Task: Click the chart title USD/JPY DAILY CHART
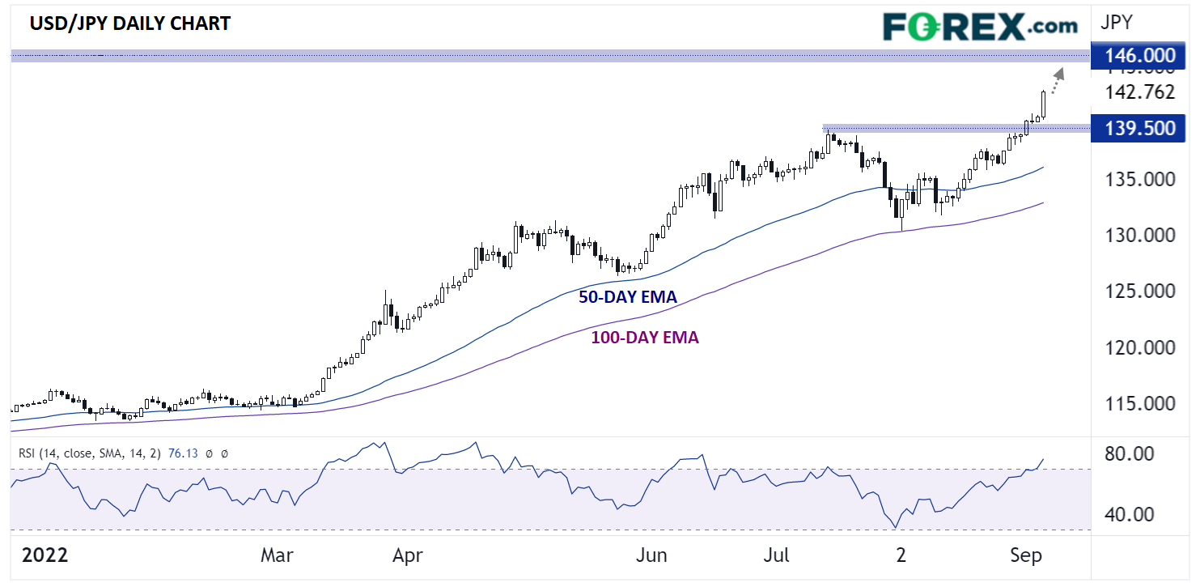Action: pos(129,23)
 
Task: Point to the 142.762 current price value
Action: pos(1139,91)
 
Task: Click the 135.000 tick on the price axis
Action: pos(1140,179)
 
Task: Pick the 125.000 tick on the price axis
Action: pos(1140,291)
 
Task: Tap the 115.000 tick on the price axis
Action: pos(1140,404)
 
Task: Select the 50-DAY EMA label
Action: pos(627,297)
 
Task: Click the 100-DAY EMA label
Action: pos(640,338)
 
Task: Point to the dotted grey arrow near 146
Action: pos(1057,80)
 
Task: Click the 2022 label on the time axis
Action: pos(44,556)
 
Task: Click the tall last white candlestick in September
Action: pos(1044,104)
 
